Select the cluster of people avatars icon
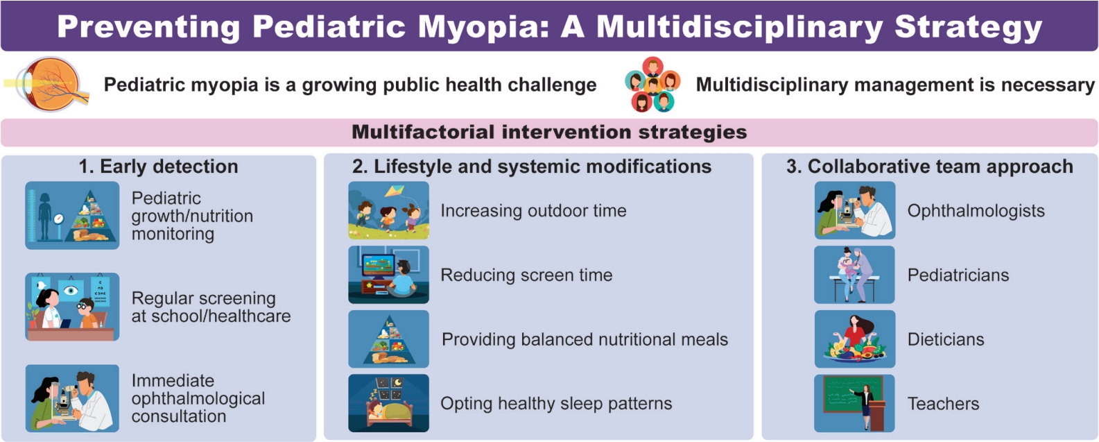653,84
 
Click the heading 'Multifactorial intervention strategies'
549,132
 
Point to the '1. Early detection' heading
159,167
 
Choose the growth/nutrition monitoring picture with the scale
72,215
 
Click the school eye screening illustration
72,307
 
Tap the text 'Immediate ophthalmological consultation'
198,398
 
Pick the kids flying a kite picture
388,210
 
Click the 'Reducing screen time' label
526,275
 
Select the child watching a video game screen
388,275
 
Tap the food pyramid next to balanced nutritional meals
388,339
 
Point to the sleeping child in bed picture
388,403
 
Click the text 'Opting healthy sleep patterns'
556,404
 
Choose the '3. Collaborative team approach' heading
930,167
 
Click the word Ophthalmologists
976,211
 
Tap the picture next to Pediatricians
855,275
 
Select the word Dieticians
946,339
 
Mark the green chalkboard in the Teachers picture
851,395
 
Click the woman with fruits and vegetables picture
855,339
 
